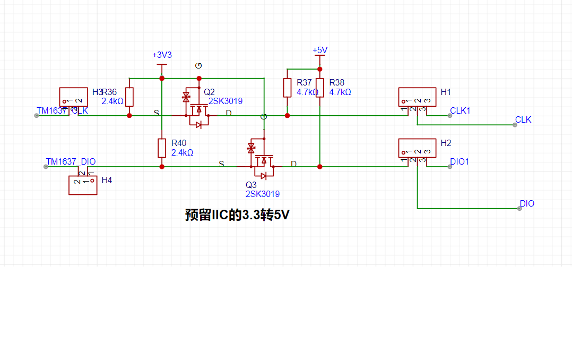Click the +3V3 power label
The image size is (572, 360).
point(162,55)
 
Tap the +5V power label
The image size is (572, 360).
point(320,50)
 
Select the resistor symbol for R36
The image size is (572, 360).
point(129,97)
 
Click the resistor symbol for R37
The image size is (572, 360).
point(287,88)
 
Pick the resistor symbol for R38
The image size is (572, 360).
point(320,88)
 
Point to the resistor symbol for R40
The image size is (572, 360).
point(162,148)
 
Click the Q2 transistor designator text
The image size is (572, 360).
point(209,91)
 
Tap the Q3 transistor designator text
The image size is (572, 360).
point(250,185)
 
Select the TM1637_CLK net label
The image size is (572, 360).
point(62,110)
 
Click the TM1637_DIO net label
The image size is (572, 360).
point(71,161)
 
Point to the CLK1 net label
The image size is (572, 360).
point(460,110)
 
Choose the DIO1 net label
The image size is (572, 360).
point(460,161)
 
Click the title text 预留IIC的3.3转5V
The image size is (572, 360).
point(238,215)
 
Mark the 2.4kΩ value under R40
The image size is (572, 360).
point(182,152)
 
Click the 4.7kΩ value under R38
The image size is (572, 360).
point(340,92)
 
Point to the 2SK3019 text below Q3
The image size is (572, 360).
point(263,194)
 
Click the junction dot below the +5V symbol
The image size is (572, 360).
point(320,69)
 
